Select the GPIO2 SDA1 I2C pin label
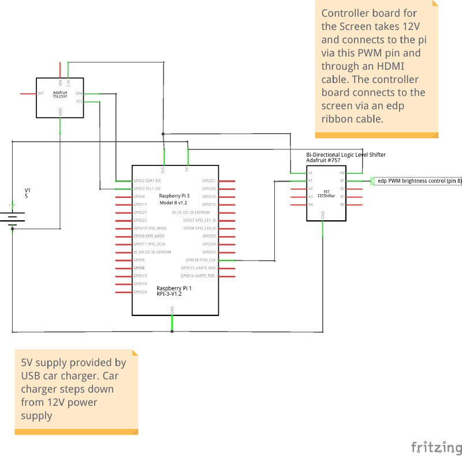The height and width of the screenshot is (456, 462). coord(147,180)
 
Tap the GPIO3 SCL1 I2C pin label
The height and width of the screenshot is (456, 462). coord(147,189)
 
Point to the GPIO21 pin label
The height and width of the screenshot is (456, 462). coord(208,180)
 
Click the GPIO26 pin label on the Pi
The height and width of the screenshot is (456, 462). coord(140,292)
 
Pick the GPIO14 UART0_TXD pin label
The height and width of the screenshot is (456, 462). coord(199,276)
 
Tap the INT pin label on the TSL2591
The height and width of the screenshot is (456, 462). coord(40,93)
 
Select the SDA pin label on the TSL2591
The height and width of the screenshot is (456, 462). coord(79,93)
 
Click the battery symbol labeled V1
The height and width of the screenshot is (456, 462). coord(12,217)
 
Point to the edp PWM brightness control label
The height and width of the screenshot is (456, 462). coord(419,180)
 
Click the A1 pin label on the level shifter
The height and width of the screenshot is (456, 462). coord(311,180)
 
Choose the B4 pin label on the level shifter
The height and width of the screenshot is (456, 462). coord(342,204)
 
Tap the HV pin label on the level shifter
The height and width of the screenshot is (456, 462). coord(342,172)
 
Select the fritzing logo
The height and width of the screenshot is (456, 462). coord(435,447)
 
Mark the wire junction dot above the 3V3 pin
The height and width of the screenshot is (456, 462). coord(163,134)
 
